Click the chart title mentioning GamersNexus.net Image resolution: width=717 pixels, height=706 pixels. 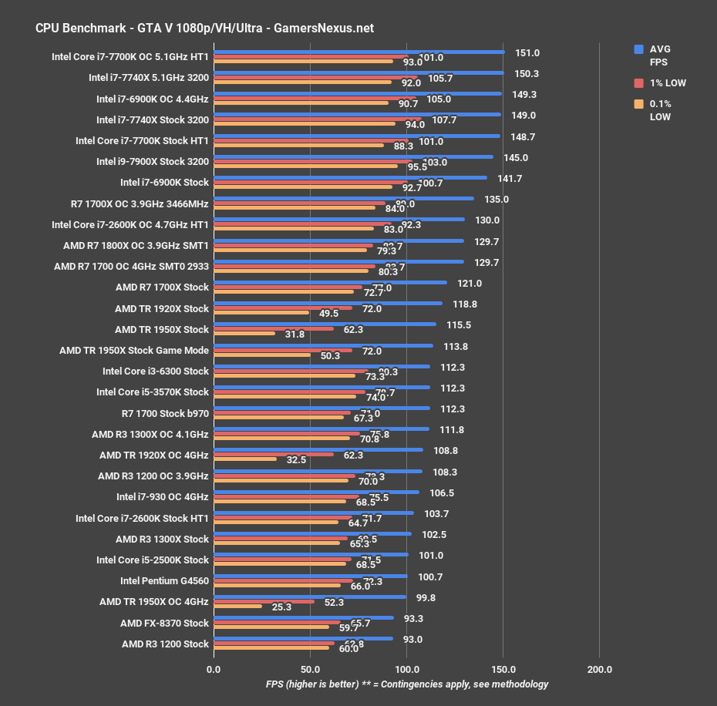point(204,28)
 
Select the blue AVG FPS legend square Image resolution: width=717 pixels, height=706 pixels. point(638,49)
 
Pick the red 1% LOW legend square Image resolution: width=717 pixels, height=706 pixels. point(638,82)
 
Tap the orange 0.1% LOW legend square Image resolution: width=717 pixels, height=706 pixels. point(638,104)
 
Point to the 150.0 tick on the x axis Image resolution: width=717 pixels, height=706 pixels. point(503,669)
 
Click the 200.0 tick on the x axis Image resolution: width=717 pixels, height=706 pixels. point(600,669)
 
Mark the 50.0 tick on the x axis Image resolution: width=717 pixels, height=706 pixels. point(310,669)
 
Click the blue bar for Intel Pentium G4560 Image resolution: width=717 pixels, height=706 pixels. point(310,575)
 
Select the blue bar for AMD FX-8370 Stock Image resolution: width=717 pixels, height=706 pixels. point(303,617)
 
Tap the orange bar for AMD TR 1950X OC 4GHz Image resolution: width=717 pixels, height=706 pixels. point(237,607)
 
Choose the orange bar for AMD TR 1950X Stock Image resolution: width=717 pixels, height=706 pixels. point(244,334)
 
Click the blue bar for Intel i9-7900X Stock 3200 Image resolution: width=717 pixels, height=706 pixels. point(353,156)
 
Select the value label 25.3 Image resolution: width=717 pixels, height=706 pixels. point(282,607)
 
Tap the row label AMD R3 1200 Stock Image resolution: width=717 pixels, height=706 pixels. point(165,644)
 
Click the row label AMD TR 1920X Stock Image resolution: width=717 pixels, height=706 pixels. point(162,308)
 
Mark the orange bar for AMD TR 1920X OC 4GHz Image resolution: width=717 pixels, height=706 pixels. point(245,459)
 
